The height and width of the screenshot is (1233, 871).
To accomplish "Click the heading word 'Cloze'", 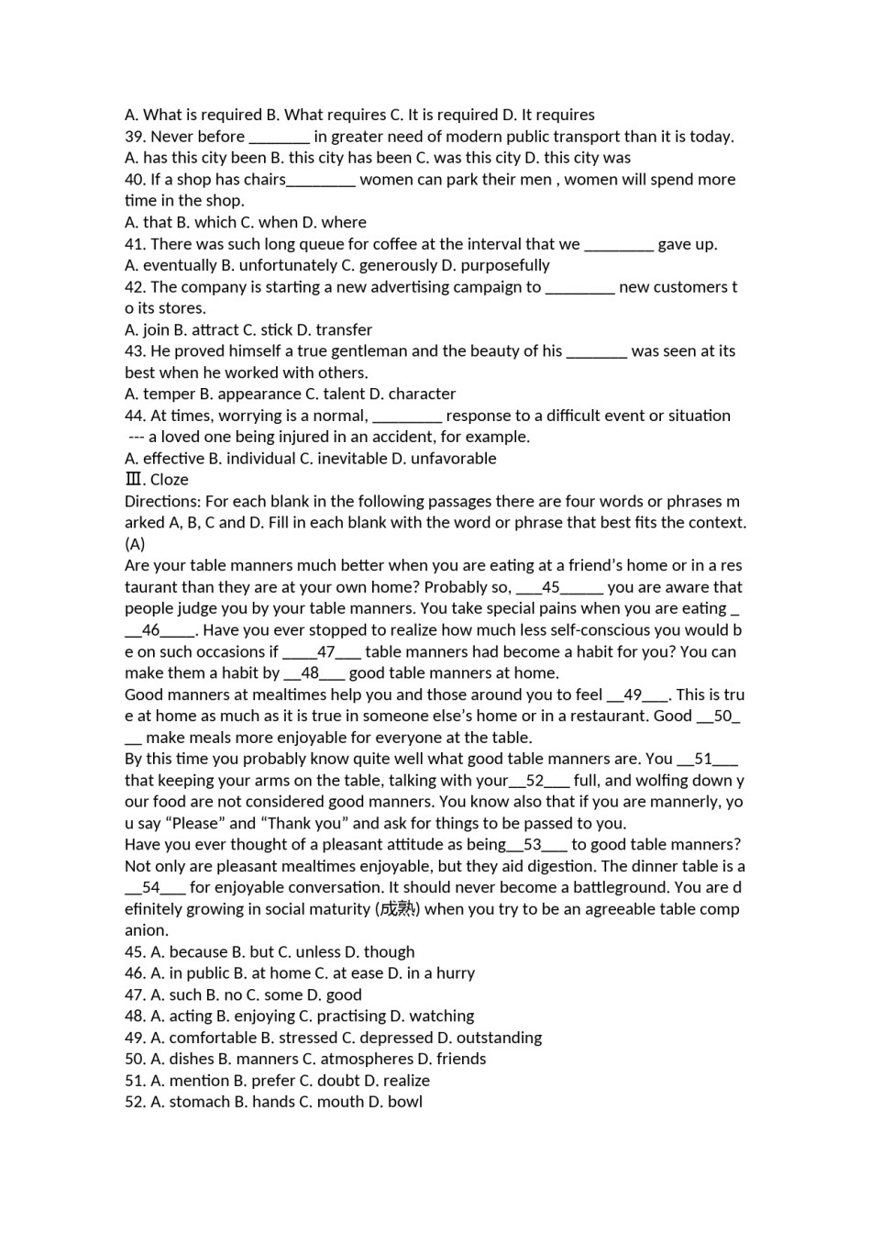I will pos(170,479).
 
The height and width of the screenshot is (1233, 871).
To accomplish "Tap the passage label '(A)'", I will pos(135,543).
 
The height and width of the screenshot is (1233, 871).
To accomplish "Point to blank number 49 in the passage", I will pos(633,694).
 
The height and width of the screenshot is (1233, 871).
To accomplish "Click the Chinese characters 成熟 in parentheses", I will pos(397,909).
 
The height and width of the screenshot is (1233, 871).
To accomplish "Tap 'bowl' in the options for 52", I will pos(404,1102).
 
